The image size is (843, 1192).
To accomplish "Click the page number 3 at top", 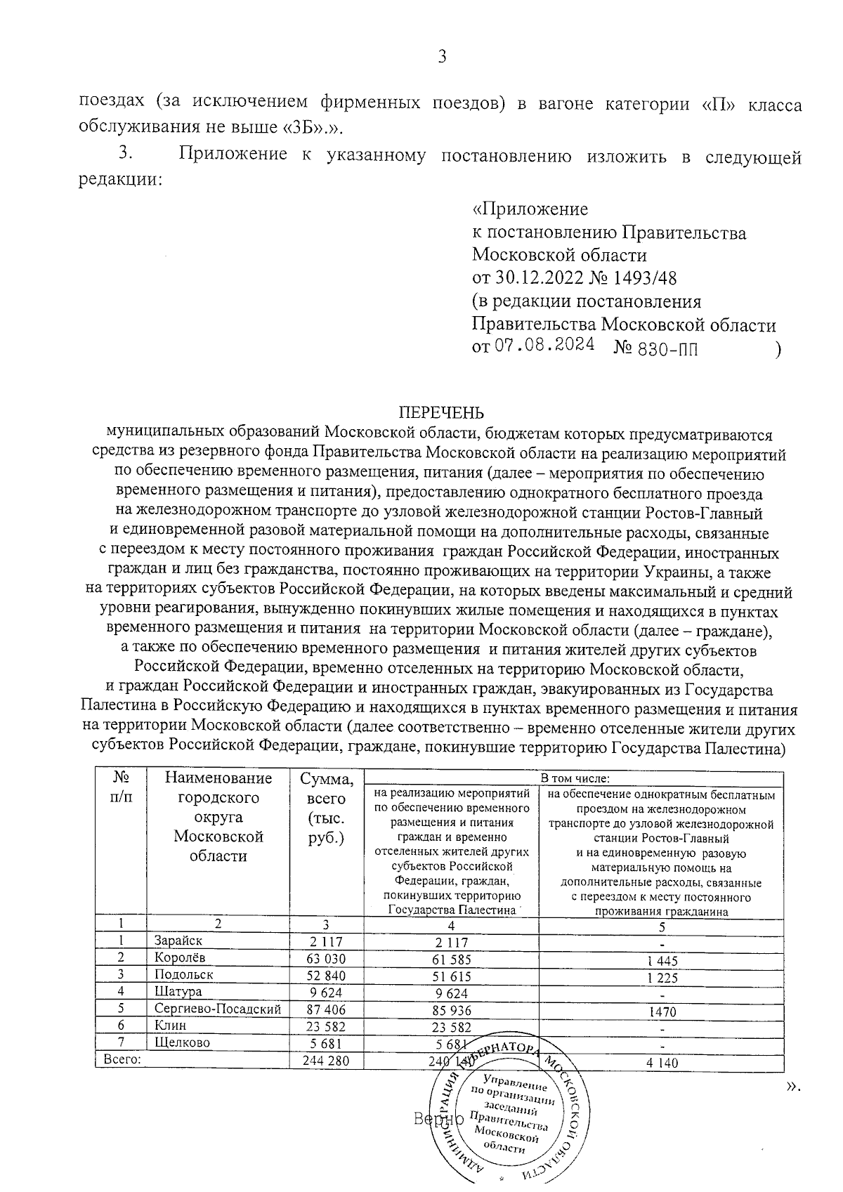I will (x=442, y=57).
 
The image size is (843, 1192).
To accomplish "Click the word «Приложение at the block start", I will (x=530, y=209).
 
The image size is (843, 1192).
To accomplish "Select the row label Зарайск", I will (x=178, y=941).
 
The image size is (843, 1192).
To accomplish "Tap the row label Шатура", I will (x=178, y=992).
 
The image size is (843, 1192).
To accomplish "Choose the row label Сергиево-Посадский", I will (x=217, y=1009).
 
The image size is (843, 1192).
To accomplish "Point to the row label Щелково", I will (x=182, y=1043).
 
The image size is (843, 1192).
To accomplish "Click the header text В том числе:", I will (x=574, y=778).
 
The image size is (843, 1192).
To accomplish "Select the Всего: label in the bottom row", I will (x=122, y=1060).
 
